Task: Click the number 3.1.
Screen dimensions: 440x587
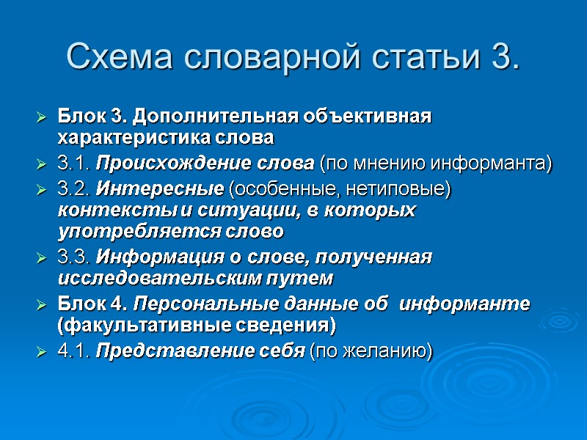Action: [x=74, y=162]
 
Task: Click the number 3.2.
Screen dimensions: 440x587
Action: [x=74, y=189]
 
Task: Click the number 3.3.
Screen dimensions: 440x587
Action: [x=74, y=257]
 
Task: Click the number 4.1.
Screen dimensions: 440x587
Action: [x=74, y=351]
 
